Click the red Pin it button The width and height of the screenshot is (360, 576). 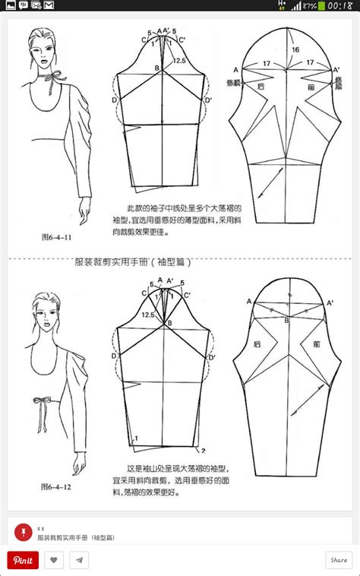pyautogui.click(x=23, y=560)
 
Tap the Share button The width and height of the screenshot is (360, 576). pyautogui.click(x=338, y=560)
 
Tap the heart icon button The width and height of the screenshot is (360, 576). pyautogui.click(x=53, y=560)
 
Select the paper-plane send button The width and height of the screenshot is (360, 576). pyautogui.click(x=78, y=560)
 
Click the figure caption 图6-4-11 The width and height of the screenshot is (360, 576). pyautogui.click(x=56, y=236)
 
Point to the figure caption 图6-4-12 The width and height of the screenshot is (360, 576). pyautogui.click(x=56, y=486)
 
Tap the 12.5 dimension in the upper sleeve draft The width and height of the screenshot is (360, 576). pyautogui.click(x=180, y=61)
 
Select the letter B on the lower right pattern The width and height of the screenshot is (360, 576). pyautogui.click(x=286, y=321)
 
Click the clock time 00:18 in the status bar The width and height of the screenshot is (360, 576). pyautogui.click(x=339, y=5)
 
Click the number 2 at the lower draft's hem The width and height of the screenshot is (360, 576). pyautogui.click(x=203, y=451)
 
